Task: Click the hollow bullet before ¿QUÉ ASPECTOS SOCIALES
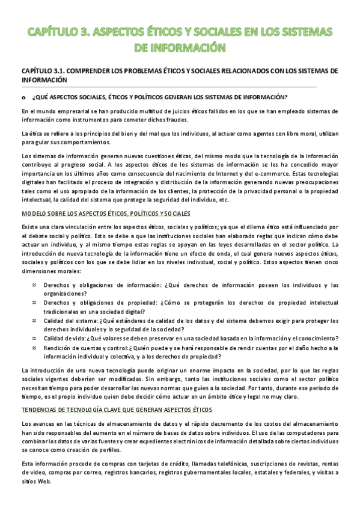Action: (23, 97)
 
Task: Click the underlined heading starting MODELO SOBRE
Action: (106, 214)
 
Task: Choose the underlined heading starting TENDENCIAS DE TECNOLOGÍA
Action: (117, 410)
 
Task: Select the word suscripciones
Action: (263, 464)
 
